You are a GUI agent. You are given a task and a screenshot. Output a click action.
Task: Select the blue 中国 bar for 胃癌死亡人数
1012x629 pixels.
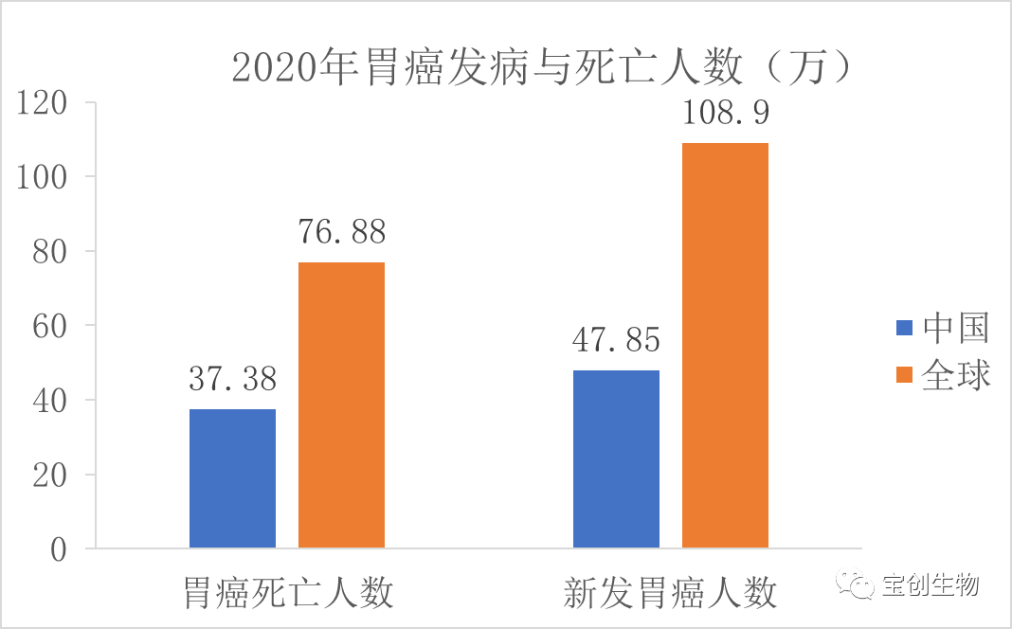pyautogui.click(x=232, y=478)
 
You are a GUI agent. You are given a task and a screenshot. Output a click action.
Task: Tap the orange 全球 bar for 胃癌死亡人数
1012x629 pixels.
pyautogui.click(x=341, y=405)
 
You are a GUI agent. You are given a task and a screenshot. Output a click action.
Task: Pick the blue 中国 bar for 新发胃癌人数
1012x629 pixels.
pyautogui.click(x=617, y=458)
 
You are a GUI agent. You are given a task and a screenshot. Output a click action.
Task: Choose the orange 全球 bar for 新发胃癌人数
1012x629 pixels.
pyautogui.click(x=725, y=346)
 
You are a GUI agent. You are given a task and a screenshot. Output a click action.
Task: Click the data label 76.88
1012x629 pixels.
pyautogui.click(x=341, y=233)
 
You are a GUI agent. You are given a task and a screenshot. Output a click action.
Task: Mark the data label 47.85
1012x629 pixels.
pyautogui.click(x=617, y=341)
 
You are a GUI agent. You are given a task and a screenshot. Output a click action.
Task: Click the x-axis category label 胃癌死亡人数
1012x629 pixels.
pyautogui.click(x=288, y=594)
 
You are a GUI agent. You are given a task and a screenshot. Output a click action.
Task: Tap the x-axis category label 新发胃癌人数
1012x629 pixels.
pyautogui.click(x=671, y=594)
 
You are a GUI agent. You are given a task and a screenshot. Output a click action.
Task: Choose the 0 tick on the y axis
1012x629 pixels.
pyautogui.click(x=60, y=549)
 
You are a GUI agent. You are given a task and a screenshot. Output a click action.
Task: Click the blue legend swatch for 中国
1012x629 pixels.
pyautogui.click(x=904, y=329)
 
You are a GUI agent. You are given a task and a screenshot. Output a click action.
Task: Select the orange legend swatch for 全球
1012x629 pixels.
pyautogui.click(x=904, y=375)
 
